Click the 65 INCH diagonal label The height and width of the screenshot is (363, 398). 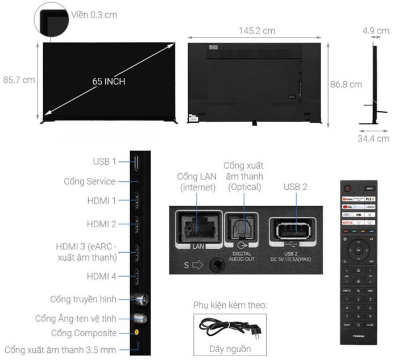click(109, 81)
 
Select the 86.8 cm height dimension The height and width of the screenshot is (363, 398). click(346, 84)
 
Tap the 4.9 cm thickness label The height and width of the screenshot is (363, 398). click(375, 30)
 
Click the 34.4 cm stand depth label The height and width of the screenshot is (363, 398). click(374, 138)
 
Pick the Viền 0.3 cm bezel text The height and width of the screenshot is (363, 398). click(94, 14)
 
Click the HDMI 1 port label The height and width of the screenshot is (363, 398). click(102, 201)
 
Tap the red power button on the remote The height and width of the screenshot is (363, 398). click(349, 188)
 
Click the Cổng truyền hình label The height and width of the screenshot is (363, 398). click(83, 299)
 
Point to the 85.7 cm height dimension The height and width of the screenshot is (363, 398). click(19, 80)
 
